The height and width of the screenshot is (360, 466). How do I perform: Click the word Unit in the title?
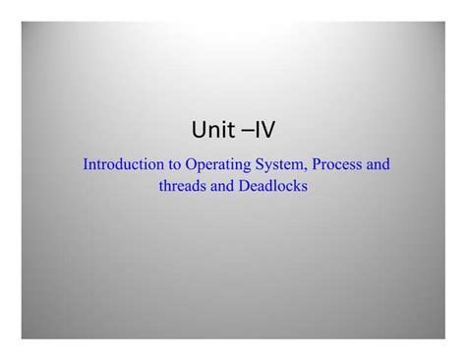(x=213, y=129)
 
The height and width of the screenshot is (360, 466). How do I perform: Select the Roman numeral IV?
(x=264, y=129)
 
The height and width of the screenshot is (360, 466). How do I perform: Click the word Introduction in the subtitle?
(x=123, y=164)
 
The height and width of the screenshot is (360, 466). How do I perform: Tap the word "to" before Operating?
(x=174, y=165)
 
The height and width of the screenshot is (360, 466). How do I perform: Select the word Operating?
(x=218, y=165)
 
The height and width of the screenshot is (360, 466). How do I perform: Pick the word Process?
(x=337, y=164)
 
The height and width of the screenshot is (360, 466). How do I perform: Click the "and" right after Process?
(x=379, y=164)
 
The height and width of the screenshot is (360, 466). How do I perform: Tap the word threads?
(x=182, y=186)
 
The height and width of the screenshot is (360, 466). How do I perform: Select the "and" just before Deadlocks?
(x=222, y=186)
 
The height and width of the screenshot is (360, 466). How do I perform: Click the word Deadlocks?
(x=273, y=186)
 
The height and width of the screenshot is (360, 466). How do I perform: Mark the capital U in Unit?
(x=199, y=130)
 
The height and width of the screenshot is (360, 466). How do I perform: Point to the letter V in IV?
(x=267, y=129)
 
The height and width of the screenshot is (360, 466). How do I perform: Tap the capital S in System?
(x=260, y=164)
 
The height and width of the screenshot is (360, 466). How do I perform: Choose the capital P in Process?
(x=317, y=164)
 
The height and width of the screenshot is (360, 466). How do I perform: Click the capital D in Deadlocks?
(x=244, y=186)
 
